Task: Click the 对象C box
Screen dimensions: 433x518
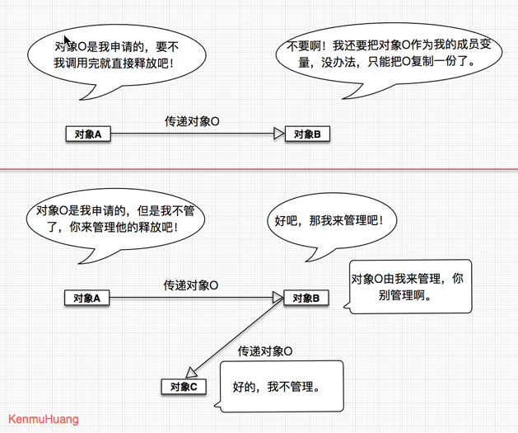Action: point(183,386)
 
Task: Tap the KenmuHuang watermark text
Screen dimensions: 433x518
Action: point(43,419)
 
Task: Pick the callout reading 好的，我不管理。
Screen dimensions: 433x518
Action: point(276,386)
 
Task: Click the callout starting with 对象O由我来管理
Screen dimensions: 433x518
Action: point(407,286)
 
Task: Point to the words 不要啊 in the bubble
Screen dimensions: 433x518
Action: point(306,46)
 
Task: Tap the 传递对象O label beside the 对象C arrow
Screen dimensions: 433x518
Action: point(265,352)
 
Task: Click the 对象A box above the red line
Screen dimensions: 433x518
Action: point(87,134)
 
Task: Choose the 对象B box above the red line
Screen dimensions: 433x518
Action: point(307,134)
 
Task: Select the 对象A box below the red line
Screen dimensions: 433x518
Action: point(87,298)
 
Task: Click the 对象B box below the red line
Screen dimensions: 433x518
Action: point(306,298)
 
